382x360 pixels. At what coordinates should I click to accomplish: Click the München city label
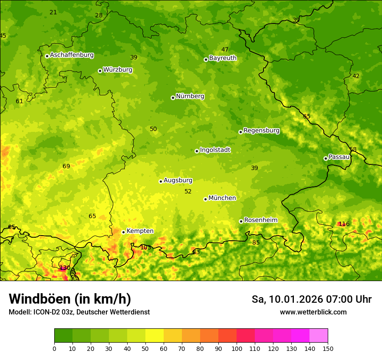pos(222,198)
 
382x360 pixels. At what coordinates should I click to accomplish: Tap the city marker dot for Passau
pos(326,158)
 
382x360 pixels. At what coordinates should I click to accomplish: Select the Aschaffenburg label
pos(72,55)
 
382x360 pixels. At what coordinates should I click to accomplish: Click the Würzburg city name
pos(118,70)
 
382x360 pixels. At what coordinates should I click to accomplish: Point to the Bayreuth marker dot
pos(206,59)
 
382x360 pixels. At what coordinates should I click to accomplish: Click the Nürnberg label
pos(190,96)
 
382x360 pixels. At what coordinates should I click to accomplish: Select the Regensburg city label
pos(261,131)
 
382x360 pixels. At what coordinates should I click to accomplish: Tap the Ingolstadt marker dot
pos(197,151)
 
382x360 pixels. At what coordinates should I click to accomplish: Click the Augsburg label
pos(178,180)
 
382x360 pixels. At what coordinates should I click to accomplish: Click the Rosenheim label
pos(260,220)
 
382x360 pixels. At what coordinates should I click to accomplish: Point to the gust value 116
pos(344,224)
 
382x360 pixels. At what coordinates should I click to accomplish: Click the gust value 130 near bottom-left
pos(65,268)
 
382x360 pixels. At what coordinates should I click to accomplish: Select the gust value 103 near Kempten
pos(145,248)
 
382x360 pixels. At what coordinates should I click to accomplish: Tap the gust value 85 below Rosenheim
pos(256,242)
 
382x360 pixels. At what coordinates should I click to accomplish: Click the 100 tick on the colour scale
pos(237,348)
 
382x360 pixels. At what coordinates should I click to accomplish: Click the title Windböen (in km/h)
pos(69,299)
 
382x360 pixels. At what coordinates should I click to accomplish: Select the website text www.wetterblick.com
pos(313,312)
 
